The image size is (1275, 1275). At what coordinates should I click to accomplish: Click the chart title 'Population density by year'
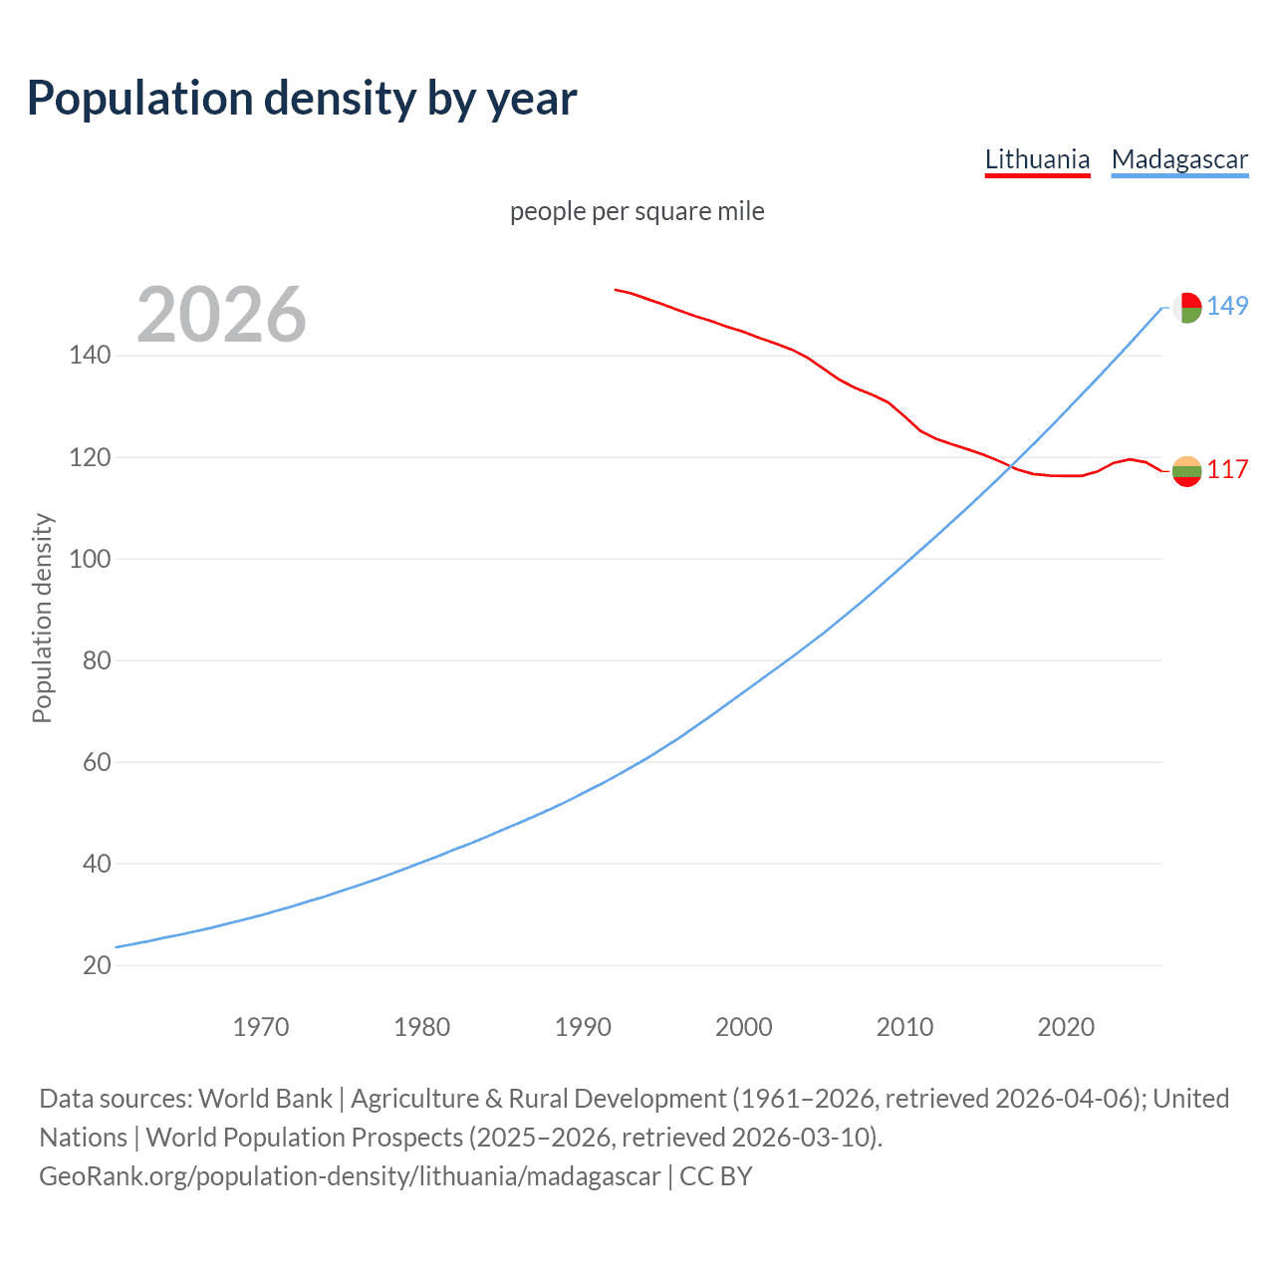tap(302, 99)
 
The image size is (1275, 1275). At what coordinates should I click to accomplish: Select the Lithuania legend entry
tap(1037, 159)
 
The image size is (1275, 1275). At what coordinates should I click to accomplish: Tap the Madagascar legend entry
tap(1179, 159)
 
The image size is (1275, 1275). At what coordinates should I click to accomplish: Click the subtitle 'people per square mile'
tap(637, 212)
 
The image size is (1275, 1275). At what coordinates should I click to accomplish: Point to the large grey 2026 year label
tap(221, 315)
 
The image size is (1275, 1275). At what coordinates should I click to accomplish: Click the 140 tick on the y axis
tap(90, 356)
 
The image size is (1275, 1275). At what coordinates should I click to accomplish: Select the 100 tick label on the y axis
tap(90, 559)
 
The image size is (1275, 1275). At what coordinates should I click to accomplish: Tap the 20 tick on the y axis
tap(97, 965)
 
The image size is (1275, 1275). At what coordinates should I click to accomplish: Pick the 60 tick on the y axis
tap(97, 762)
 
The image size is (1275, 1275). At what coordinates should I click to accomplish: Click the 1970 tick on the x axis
tap(261, 1027)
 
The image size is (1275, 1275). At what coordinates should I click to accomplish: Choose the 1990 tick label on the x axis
tap(583, 1027)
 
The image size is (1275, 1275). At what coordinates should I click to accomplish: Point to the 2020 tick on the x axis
tap(1066, 1027)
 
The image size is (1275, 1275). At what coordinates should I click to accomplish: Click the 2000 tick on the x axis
tap(744, 1027)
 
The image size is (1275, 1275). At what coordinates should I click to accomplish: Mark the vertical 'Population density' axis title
tap(42, 618)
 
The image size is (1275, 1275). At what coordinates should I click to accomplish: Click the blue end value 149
tap(1227, 306)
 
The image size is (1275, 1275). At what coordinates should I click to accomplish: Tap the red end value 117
tap(1227, 469)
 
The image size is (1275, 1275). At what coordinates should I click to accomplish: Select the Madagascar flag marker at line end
tap(1186, 308)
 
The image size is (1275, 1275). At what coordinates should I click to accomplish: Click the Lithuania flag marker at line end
tap(1186, 471)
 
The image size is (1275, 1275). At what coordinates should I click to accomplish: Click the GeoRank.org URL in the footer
tap(350, 1176)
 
